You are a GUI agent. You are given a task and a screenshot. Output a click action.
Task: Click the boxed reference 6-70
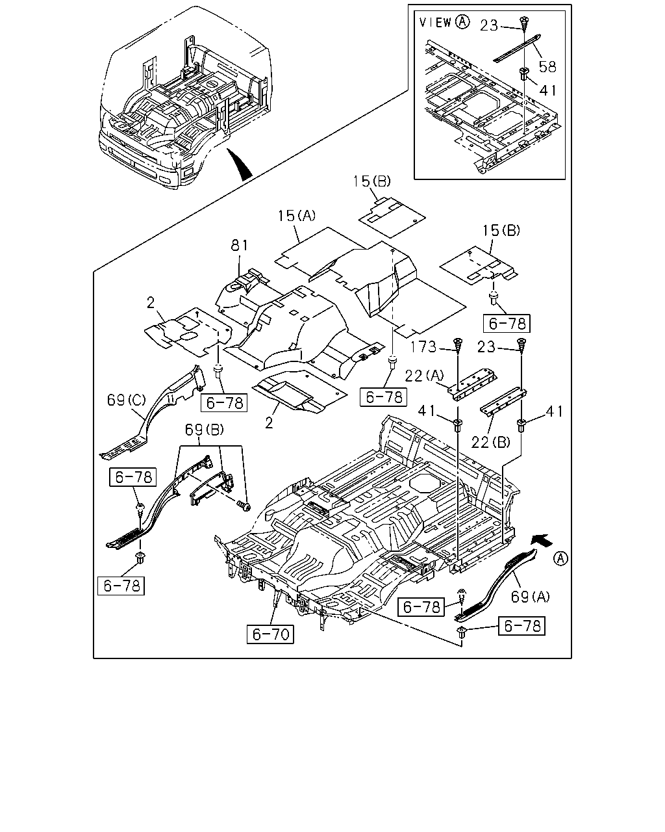click(x=270, y=634)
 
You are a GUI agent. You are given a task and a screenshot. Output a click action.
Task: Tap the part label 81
click(x=239, y=245)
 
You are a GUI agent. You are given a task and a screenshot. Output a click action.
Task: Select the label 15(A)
click(x=297, y=216)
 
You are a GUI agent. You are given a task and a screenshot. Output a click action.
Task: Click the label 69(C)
click(x=127, y=400)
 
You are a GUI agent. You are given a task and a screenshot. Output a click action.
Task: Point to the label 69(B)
click(x=204, y=430)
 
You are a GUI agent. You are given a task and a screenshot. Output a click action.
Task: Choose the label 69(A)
click(x=530, y=597)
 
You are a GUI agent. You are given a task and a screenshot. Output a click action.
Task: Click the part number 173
click(x=423, y=347)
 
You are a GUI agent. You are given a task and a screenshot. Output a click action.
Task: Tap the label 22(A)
click(x=424, y=376)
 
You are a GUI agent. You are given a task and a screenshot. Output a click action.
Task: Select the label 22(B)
click(x=491, y=442)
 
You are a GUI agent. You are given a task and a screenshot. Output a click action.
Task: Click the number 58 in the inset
click(x=547, y=67)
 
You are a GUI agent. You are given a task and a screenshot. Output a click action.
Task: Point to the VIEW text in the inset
click(x=436, y=22)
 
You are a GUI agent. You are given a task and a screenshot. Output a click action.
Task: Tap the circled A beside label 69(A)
click(x=560, y=558)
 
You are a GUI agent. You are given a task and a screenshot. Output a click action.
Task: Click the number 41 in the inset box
click(x=548, y=90)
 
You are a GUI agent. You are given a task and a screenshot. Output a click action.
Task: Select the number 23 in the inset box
click(x=489, y=26)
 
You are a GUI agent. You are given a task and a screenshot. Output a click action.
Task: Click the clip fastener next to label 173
click(x=457, y=345)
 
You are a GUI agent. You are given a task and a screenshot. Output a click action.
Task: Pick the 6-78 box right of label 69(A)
click(x=521, y=626)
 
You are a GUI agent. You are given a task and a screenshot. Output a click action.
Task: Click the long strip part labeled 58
click(x=518, y=48)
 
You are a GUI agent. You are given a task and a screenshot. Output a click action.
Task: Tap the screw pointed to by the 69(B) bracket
click(x=244, y=505)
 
